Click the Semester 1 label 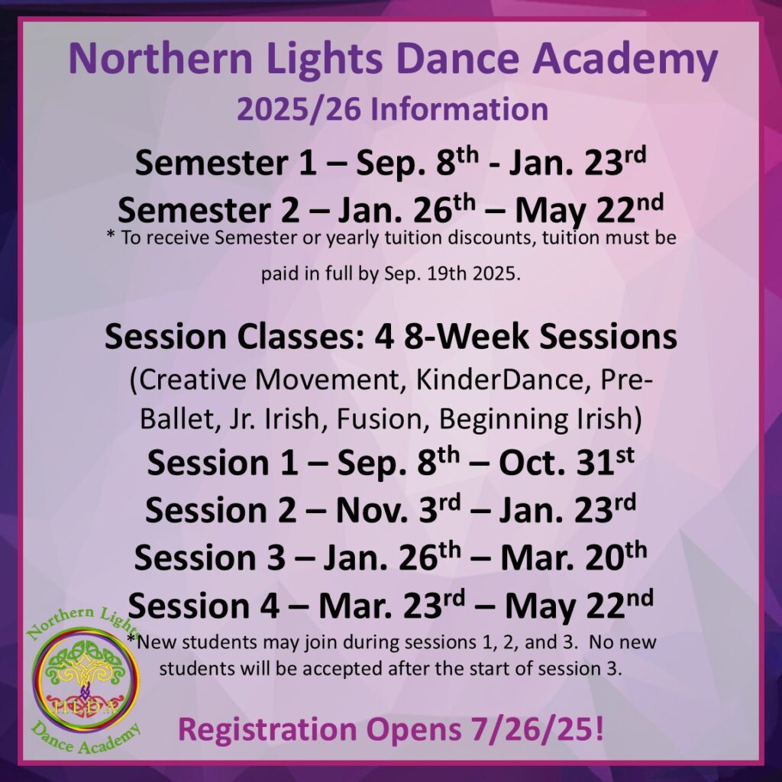225,163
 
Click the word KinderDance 499,380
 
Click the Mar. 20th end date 574,556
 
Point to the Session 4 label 203,606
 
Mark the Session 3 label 209,557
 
